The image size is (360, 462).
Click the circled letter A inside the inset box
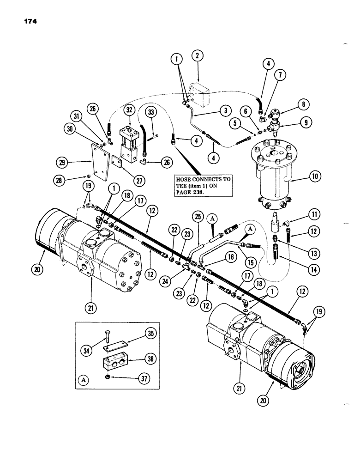(x=84, y=380)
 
